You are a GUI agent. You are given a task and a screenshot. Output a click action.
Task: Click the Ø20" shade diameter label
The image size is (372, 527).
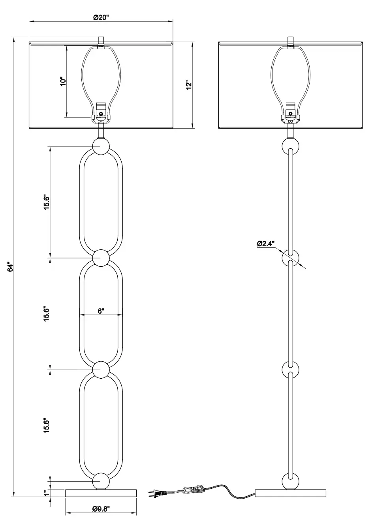tap(101, 17)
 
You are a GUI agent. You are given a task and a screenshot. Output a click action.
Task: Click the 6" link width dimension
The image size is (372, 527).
tap(101, 310)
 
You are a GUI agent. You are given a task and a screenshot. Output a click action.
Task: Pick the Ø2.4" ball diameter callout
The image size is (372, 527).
tap(265, 243)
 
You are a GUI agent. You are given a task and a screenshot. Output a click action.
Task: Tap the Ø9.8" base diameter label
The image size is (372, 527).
tap(101, 508)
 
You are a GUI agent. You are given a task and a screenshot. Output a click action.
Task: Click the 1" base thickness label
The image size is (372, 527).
tap(47, 493)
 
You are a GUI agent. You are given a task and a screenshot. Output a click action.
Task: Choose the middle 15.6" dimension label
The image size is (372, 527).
tap(47, 314)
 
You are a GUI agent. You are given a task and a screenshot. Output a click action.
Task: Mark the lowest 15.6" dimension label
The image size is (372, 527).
tap(47, 426)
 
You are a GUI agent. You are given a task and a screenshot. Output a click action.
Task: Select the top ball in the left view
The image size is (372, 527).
tap(101, 146)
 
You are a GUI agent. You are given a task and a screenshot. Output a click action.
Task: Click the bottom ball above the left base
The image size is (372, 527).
tap(101, 482)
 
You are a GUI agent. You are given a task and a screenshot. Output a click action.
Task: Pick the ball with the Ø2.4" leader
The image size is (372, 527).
tap(290, 258)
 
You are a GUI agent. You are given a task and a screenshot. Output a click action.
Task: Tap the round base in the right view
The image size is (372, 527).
tap(290, 493)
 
